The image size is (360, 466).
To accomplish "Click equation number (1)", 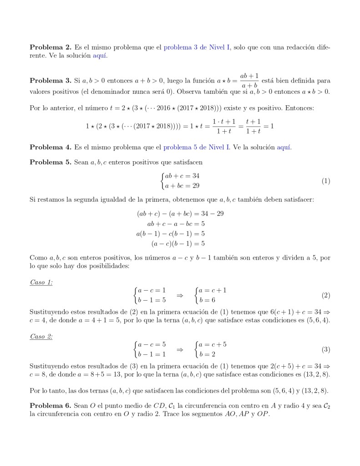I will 325,181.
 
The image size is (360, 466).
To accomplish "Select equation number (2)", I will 325,295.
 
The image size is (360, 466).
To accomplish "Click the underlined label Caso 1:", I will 41,282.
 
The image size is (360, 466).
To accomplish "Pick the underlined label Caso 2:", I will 41,337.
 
